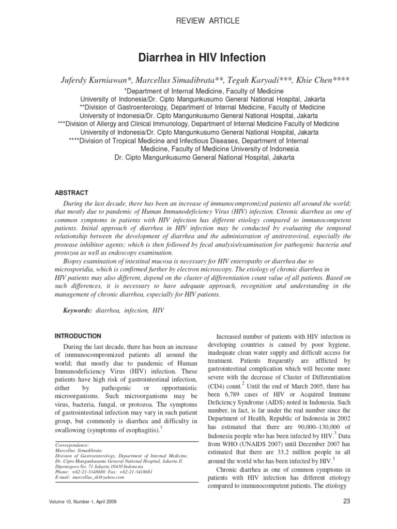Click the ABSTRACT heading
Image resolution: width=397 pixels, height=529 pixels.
click(x=73, y=192)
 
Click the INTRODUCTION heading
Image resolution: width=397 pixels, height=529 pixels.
click(x=79, y=335)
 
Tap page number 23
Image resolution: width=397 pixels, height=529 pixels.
click(x=347, y=515)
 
